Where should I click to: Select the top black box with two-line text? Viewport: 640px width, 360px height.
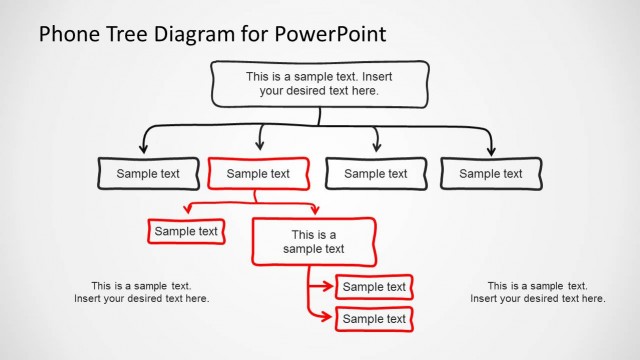tap(319, 83)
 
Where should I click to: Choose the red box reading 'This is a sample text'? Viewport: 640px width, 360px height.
tap(313, 242)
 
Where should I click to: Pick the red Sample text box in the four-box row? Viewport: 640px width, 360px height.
tap(257, 173)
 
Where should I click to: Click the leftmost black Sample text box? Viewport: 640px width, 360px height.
tap(147, 173)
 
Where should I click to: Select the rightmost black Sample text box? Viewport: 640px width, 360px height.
tap(490, 173)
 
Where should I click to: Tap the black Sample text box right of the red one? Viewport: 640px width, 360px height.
tap(375, 173)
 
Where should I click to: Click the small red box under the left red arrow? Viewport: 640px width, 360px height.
tap(186, 231)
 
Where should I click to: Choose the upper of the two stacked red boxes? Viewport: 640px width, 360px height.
tap(374, 287)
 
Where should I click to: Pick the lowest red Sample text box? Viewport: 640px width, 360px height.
tap(374, 319)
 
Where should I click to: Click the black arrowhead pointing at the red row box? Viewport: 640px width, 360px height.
tap(261, 147)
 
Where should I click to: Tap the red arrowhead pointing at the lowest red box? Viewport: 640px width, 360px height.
tap(328, 318)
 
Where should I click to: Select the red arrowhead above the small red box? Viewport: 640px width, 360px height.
tap(186, 210)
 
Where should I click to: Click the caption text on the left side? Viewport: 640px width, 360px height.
tap(141, 291)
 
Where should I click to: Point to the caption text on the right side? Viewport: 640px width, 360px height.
tap(537, 291)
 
